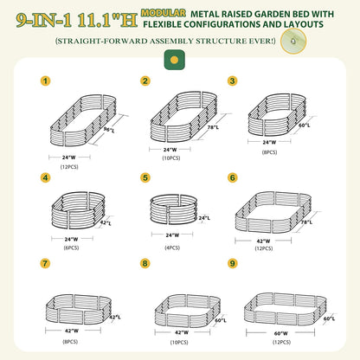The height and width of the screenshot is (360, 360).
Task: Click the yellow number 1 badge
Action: click(45, 81)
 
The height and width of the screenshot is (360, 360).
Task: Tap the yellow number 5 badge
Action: click(145, 177)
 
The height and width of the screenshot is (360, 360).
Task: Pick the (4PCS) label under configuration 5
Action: click(172, 247)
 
